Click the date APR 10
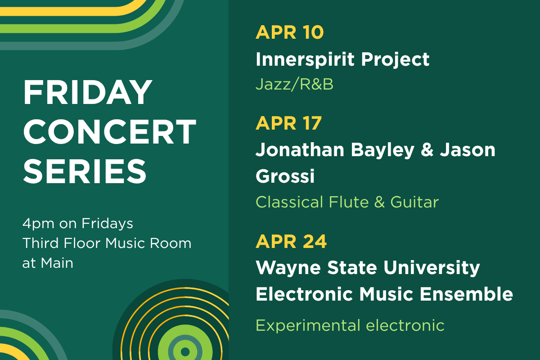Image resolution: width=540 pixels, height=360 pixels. tap(289, 33)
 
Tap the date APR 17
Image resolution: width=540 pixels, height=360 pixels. tap(289, 123)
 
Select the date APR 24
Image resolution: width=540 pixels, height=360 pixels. tap(291, 242)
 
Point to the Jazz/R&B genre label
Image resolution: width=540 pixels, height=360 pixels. tap(294, 84)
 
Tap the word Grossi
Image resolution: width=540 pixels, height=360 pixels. tap(285, 176)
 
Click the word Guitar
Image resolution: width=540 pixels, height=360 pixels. tap(414, 202)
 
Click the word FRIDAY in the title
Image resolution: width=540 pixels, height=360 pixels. tap(88, 92)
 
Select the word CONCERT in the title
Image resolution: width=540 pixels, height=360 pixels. tap(110, 131)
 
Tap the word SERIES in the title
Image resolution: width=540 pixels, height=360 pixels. tap(85, 171)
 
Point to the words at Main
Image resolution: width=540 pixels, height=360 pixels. tap(48, 262)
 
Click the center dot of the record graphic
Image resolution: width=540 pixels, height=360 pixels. tap(184, 351)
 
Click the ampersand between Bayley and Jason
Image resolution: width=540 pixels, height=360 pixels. tap(426, 150)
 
